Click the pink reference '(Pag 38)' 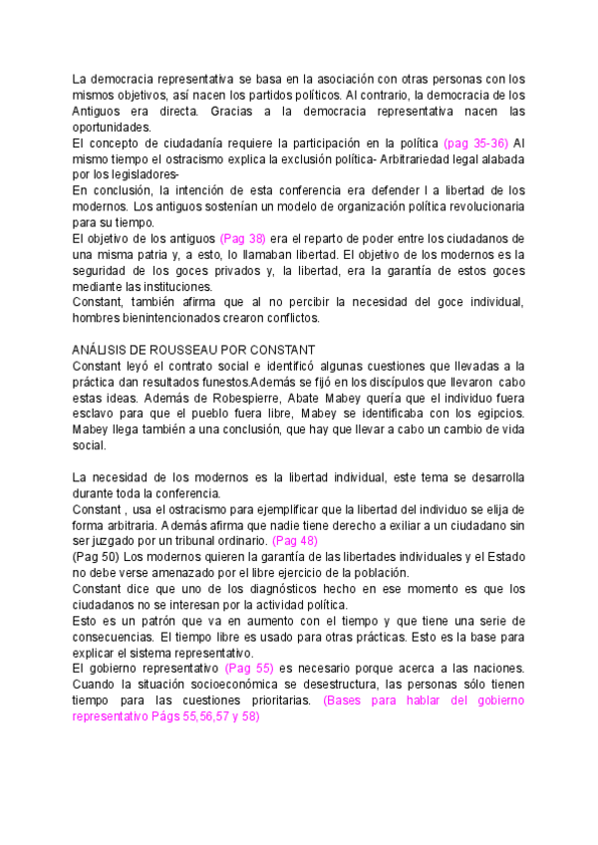tap(244, 239)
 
